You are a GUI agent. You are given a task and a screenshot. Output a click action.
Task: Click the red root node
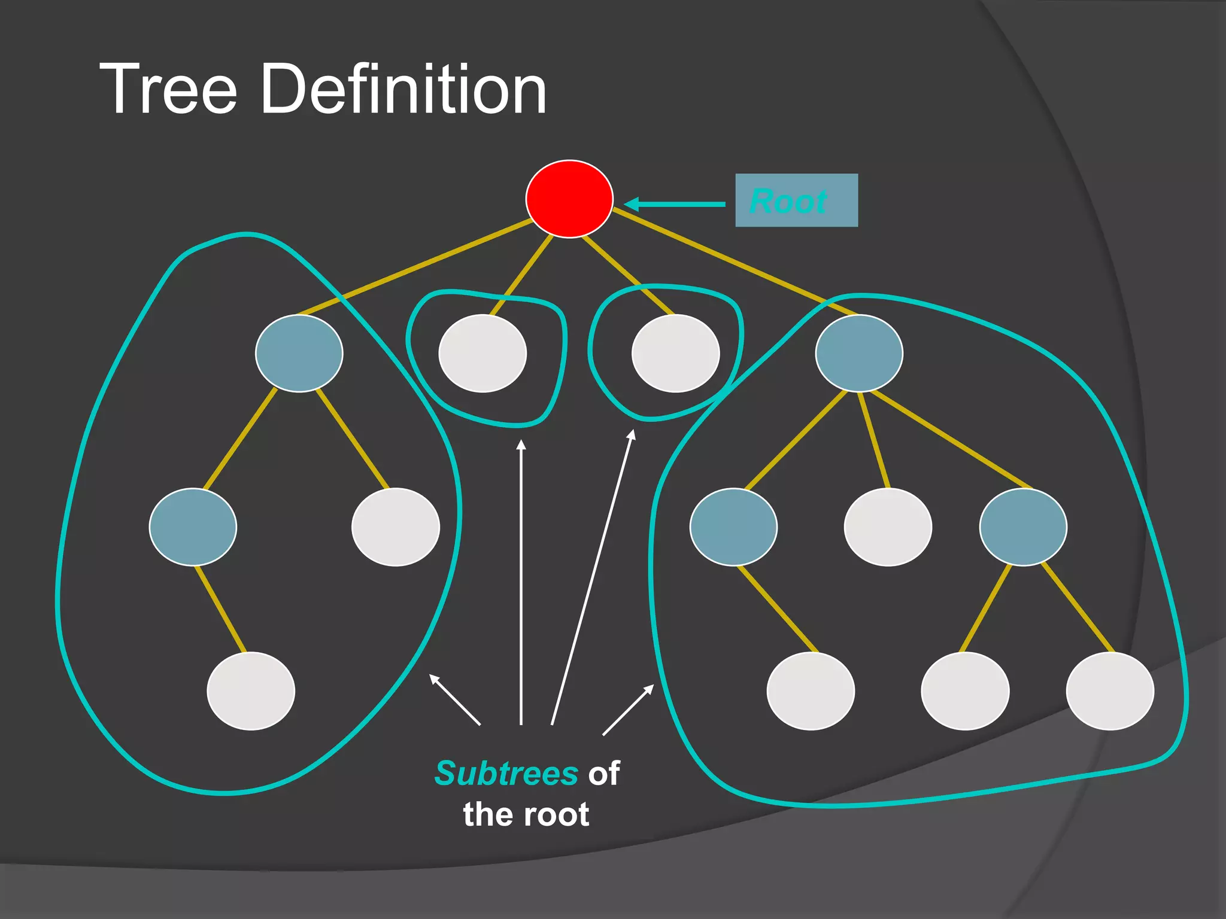tap(569, 199)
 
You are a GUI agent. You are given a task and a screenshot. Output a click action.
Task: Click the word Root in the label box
tap(788, 201)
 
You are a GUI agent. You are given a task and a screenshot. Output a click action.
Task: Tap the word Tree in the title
tap(168, 89)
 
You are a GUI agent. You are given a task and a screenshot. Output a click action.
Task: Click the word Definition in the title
tap(403, 89)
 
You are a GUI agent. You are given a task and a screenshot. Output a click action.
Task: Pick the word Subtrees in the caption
tap(506, 773)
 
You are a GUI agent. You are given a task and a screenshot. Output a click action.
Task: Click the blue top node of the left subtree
tap(299, 353)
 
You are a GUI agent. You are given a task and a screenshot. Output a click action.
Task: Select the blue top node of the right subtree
tap(859, 353)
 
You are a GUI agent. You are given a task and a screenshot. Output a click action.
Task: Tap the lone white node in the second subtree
tap(482, 353)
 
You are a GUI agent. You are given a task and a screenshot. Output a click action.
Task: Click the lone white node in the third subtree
tap(676, 353)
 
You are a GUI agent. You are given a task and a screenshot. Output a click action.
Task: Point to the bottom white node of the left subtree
tap(251, 691)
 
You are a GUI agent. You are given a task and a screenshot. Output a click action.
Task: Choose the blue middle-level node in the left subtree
tap(193, 527)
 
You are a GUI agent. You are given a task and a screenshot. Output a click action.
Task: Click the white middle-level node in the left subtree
tap(396, 527)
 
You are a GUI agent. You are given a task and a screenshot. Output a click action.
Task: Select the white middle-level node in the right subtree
tap(888, 527)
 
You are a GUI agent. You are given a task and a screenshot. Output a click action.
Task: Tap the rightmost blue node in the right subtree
tap(1023, 527)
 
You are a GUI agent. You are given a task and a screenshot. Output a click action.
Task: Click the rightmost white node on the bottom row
tap(1110, 691)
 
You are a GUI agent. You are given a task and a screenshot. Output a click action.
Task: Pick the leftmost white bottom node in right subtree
tap(811, 691)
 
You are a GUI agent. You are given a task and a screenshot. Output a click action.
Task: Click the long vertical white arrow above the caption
tap(521, 580)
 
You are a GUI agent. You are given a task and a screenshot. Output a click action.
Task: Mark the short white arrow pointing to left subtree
tap(455, 699)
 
